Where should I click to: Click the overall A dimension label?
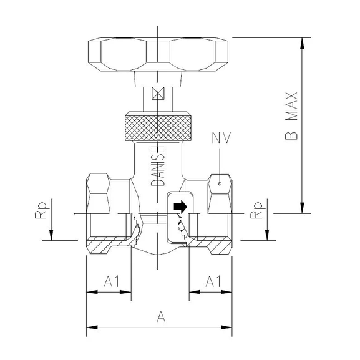160,318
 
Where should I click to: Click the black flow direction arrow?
179,205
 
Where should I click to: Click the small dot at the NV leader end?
220,185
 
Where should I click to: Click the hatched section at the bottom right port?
215,245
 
